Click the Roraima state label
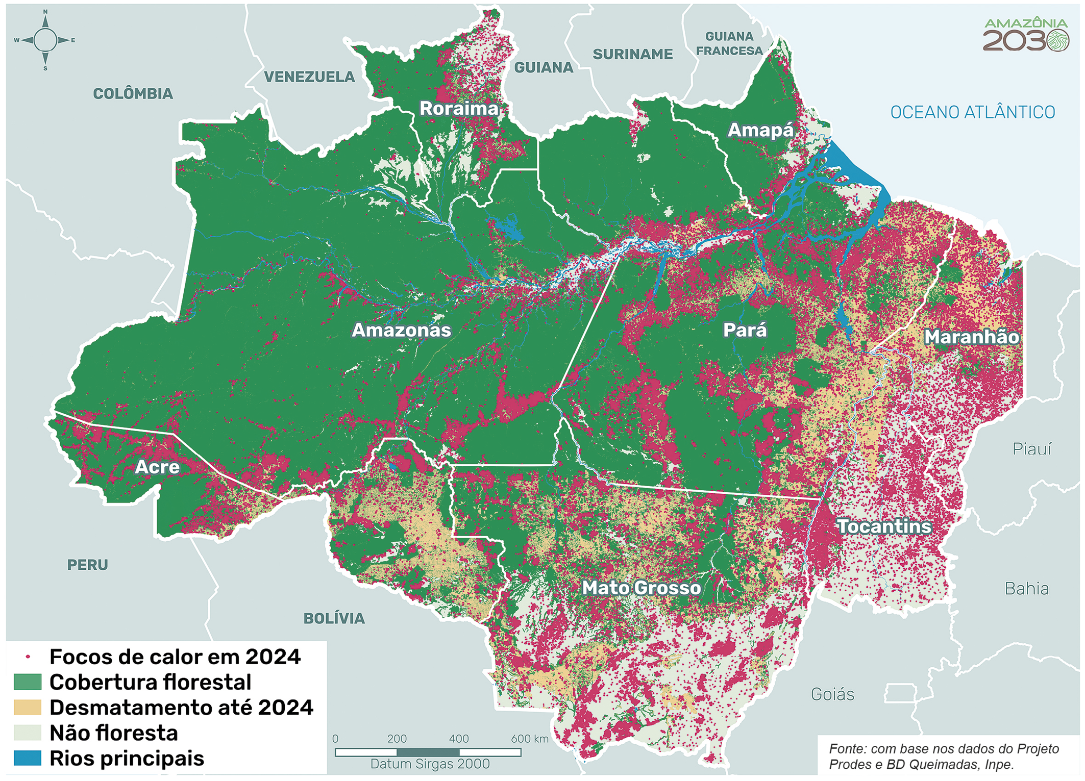458,109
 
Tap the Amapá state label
760,131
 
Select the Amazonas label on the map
402,331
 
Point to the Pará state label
745,331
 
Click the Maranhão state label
971,337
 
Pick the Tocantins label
884,526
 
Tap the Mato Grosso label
642,588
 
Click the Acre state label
157,467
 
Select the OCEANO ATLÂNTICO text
972,113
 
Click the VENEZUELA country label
309,77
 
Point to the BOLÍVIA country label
334,619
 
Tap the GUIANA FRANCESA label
729,43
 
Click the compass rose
45,40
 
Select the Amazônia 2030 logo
1025,35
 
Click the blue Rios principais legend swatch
28,758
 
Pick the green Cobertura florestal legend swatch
28,682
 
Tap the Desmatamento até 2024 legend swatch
28,708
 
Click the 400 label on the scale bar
458,739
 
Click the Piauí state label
1031,449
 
